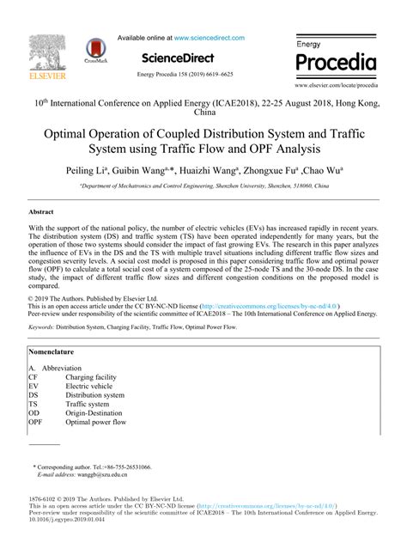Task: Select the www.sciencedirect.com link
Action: tap(210, 38)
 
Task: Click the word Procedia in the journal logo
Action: tap(336, 64)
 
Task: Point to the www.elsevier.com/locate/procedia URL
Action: tap(336, 87)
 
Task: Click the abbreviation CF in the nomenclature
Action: tap(33, 377)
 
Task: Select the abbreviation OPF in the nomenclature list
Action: tap(35, 422)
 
